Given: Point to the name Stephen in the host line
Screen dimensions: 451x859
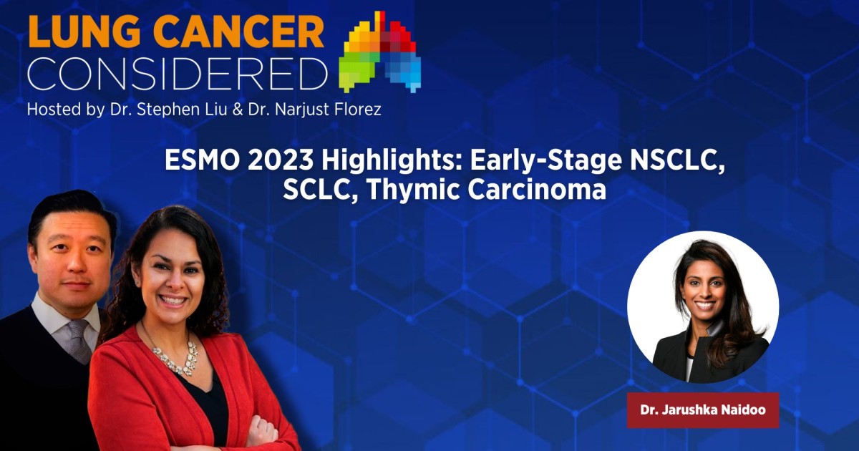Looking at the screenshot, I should [x=153, y=111].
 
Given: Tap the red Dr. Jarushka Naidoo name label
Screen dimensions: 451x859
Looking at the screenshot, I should [x=702, y=410].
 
